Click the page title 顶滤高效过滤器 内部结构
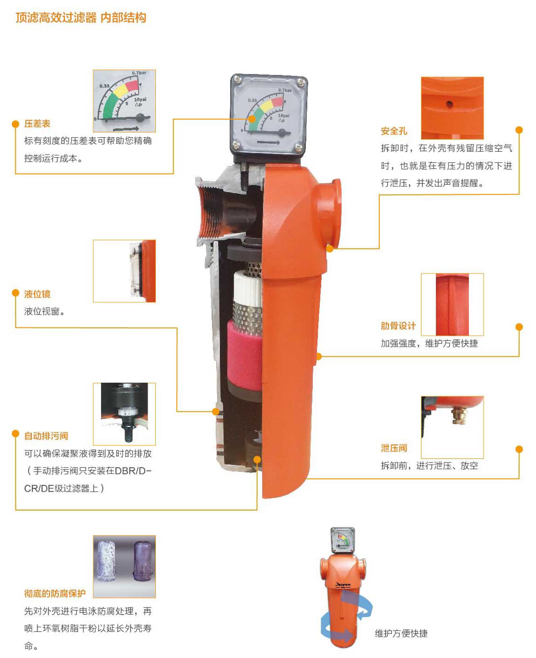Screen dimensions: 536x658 81,18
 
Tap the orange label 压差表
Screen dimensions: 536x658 37,124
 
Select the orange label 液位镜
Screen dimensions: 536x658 37,294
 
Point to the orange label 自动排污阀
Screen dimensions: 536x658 46,436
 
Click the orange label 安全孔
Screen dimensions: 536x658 394,131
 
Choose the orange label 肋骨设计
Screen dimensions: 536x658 398,326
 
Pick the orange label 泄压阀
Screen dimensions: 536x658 394,448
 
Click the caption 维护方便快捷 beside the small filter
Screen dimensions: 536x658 401,633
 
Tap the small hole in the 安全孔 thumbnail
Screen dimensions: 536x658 449,104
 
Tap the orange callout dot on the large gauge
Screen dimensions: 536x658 252,119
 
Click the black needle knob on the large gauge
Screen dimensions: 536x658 282,133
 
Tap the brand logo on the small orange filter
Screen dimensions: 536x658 343,585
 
